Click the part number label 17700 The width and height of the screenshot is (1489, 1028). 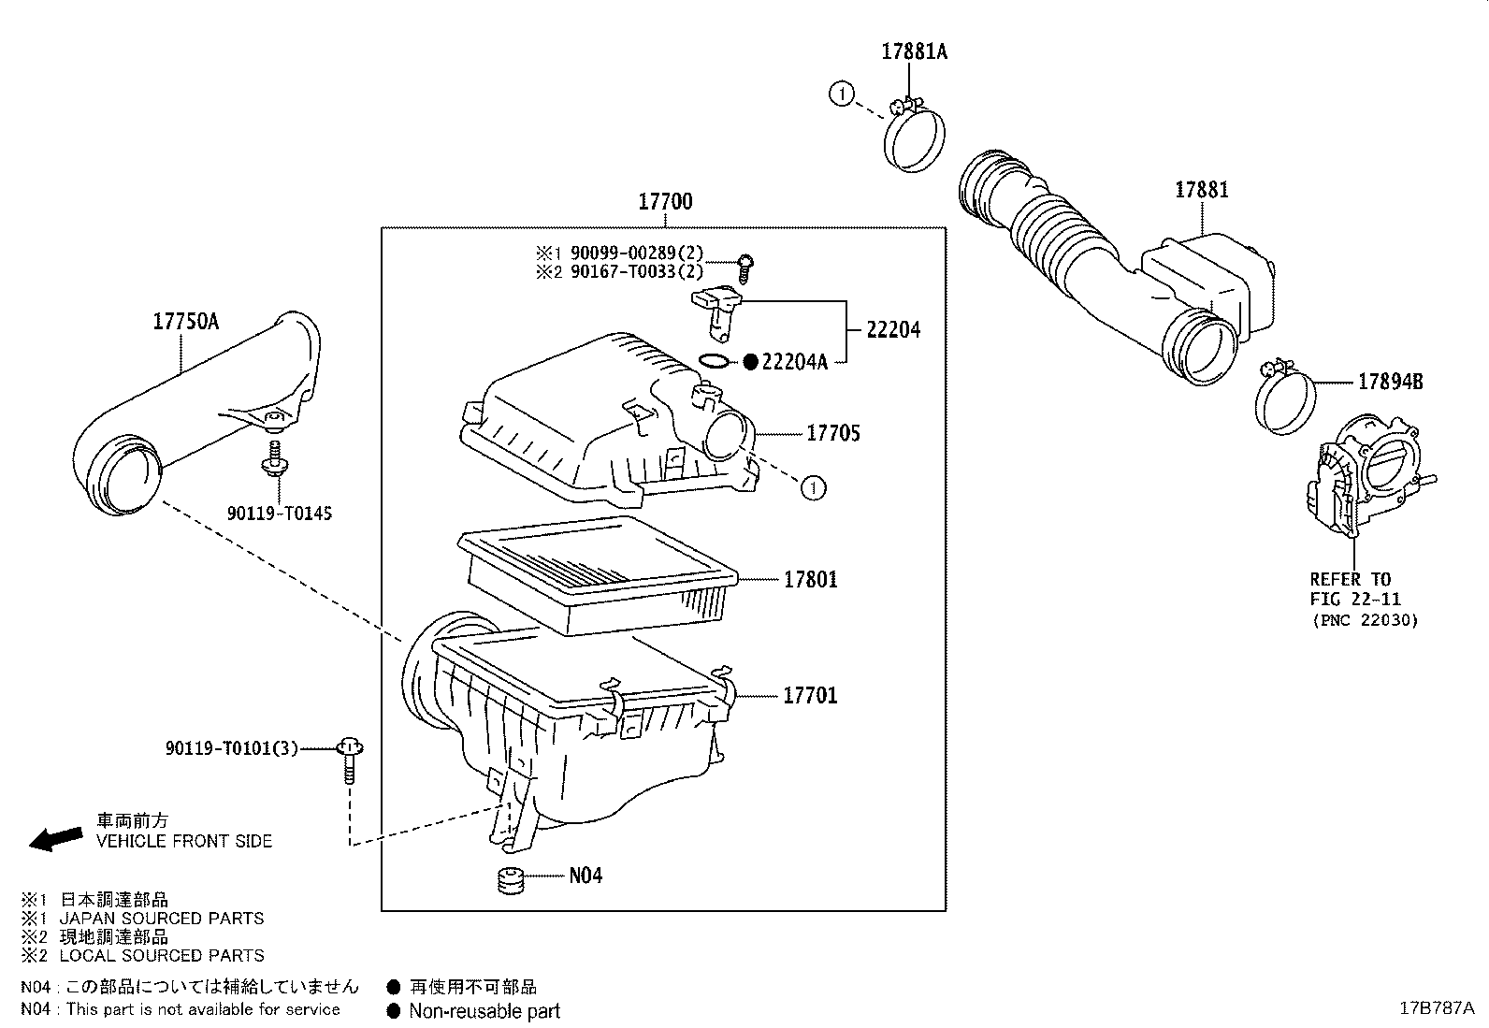[x=666, y=202]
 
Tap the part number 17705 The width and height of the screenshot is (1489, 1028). [x=833, y=433]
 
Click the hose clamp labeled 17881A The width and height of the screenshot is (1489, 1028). [x=915, y=140]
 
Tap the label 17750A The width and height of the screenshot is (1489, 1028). [x=186, y=322]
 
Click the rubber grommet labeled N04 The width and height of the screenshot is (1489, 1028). [x=509, y=880]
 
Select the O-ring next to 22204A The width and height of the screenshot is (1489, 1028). [x=714, y=361]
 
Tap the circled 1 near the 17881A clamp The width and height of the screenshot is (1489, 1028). [x=842, y=94]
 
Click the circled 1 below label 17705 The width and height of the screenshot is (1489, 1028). [x=814, y=487]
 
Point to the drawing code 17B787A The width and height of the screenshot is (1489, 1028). [x=1436, y=1007]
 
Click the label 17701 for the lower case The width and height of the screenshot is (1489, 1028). [x=810, y=695]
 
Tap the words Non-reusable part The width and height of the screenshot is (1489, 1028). [x=484, y=1011]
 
